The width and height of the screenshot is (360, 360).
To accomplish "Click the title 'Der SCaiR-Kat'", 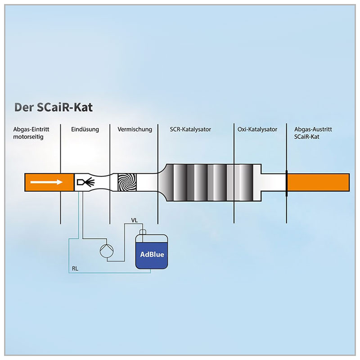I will (x=54, y=108).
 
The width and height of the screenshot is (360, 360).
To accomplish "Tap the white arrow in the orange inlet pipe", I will (x=45, y=183).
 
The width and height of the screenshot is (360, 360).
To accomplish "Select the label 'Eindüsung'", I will (x=85, y=130).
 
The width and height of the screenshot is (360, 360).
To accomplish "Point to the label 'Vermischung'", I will (x=135, y=130).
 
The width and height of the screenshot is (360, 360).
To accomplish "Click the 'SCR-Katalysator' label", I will (x=190, y=130).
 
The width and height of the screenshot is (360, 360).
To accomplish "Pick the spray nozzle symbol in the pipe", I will (x=85, y=182).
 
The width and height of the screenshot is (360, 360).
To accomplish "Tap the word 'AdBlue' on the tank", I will (x=152, y=254).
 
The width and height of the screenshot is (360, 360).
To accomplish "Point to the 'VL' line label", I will (x=134, y=220).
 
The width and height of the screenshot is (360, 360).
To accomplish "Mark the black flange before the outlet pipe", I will (x=286, y=182).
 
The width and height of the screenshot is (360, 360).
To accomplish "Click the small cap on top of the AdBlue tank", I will (x=143, y=232).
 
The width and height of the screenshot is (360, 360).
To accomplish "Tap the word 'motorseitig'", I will (x=28, y=136).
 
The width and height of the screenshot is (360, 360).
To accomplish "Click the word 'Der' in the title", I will (x=22, y=108).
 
